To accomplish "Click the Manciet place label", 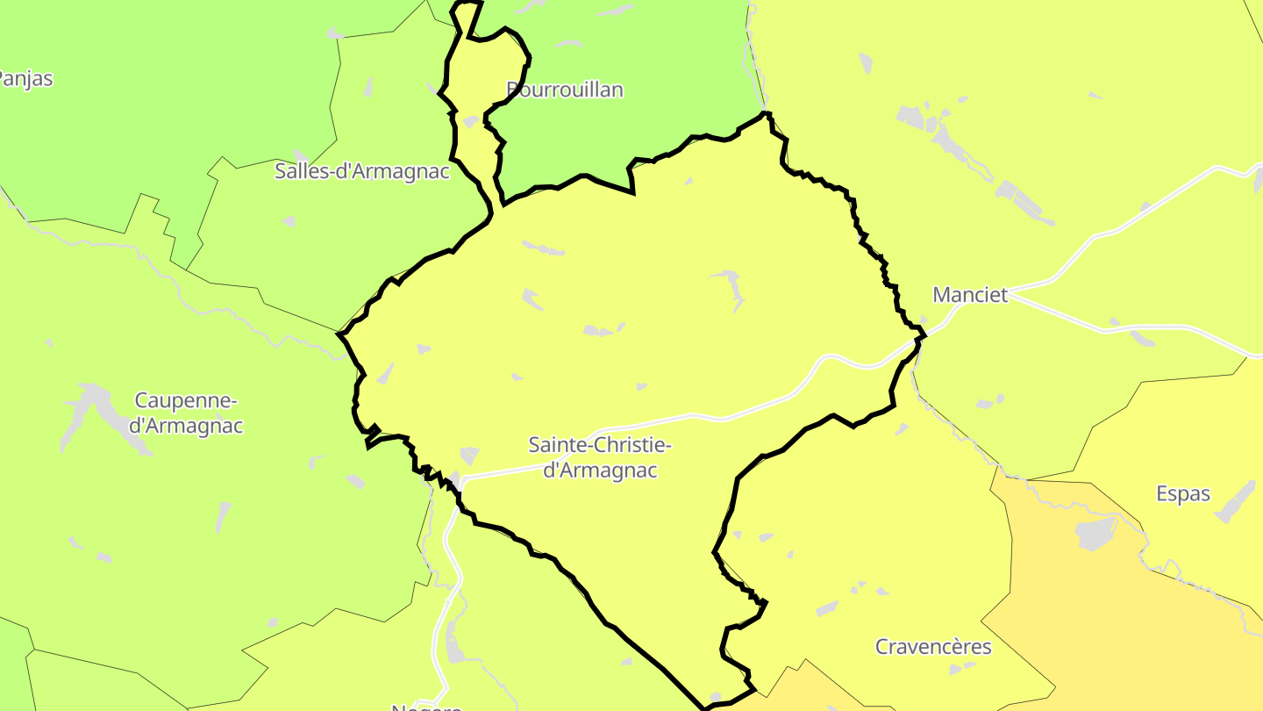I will [x=970, y=295].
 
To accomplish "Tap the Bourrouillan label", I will [x=566, y=90].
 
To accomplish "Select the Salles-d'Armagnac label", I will [x=361, y=171].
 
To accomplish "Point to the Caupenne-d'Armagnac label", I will [x=186, y=413].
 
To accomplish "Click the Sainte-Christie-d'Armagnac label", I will [x=600, y=457].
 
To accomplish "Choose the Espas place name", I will [x=1182, y=494].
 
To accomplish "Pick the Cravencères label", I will [x=933, y=647].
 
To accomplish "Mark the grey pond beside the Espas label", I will [x=1236, y=500].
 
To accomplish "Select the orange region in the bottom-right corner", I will [x=1140, y=632].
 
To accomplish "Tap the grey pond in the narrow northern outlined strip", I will [x=470, y=121].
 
